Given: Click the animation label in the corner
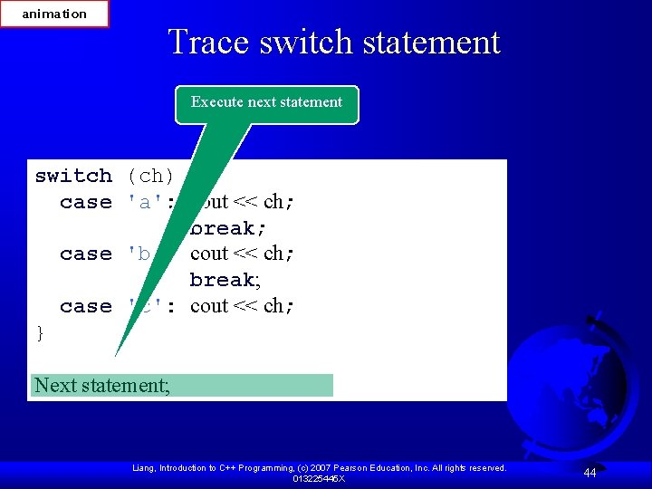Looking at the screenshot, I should (54, 14).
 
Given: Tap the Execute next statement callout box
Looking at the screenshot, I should (266, 103).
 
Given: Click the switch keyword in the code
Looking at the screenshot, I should (73, 176).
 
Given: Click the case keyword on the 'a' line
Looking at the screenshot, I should (85, 202).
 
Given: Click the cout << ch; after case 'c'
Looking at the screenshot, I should (242, 306).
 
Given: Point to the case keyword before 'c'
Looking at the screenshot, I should (85, 306).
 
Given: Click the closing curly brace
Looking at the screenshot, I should (39, 333).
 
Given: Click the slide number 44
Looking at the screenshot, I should (590, 473).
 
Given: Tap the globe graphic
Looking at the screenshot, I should (570, 389).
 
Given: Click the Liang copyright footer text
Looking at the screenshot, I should (319, 467).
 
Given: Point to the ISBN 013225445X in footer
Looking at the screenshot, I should (319, 478).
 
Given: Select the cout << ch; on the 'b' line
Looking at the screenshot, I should (242, 254).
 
